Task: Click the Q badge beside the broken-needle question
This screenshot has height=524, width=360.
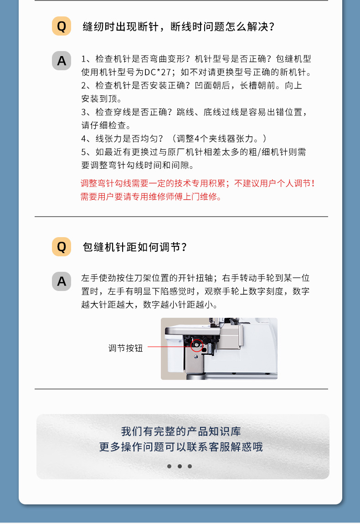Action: (x=62, y=26)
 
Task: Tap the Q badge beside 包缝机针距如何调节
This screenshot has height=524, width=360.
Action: (x=62, y=247)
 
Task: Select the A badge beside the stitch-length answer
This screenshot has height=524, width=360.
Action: (x=62, y=281)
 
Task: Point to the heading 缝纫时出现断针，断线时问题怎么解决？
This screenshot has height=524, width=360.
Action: (x=179, y=26)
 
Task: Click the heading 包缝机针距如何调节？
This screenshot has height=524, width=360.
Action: (x=135, y=247)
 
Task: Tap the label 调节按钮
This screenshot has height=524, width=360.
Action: (x=125, y=348)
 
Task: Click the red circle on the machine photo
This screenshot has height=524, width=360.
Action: (x=196, y=345)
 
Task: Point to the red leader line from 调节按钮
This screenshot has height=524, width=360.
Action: (x=169, y=347)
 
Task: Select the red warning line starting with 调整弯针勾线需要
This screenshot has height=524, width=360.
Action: (x=197, y=183)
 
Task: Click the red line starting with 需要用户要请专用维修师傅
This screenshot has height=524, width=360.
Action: (x=151, y=197)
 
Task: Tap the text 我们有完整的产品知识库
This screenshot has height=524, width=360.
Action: (x=181, y=431)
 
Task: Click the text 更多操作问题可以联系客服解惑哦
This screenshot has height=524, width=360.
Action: (x=181, y=446)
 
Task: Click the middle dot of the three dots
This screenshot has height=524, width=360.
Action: (x=180, y=466)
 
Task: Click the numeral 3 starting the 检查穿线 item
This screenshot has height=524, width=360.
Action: (x=84, y=112)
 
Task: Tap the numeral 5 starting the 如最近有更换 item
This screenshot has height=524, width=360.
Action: (x=84, y=152)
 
